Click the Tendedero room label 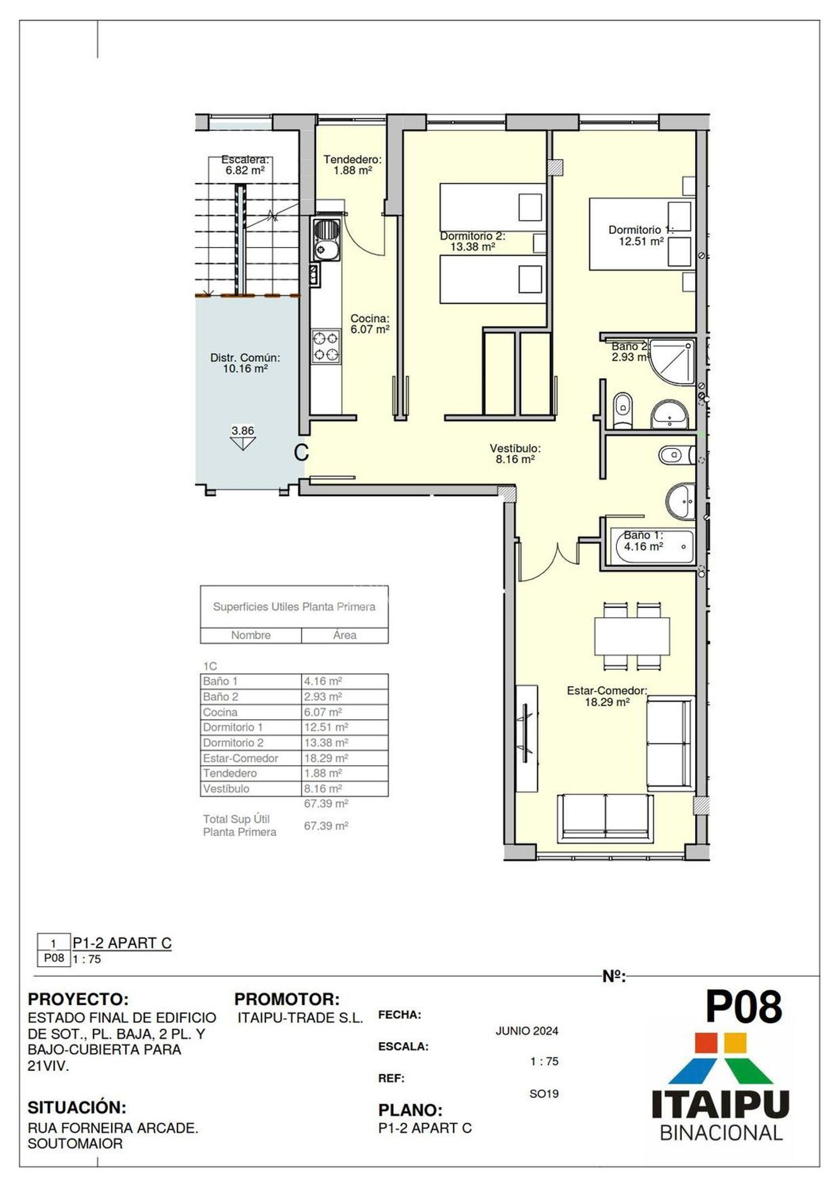(352, 165)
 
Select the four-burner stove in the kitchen (326, 347)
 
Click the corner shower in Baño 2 (672, 362)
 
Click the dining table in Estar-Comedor (632, 636)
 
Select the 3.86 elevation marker (243, 438)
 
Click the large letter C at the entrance (301, 452)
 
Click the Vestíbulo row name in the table (226, 789)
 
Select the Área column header (345, 635)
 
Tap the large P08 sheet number (743, 1006)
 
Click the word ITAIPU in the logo (720, 1105)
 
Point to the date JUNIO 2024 (527, 1031)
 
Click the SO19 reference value (544, 1094)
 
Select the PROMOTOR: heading (287, 999)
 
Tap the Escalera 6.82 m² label (245, 165)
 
